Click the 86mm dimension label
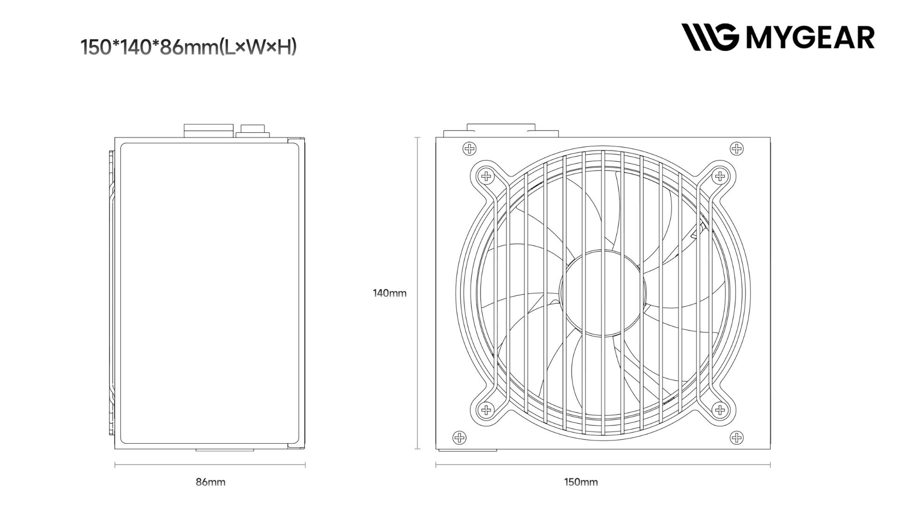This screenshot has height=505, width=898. (210, 482)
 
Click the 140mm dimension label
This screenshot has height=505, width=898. (389, 293)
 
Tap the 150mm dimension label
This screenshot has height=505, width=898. (581, 482)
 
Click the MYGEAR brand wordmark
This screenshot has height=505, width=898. (810, 37)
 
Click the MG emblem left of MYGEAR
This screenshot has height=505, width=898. (710, 37)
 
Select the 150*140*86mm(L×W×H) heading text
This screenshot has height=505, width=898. (188, 47)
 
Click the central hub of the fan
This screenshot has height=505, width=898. (603, 293)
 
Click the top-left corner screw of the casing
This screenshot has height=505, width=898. (469, 149)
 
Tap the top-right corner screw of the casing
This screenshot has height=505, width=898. (737, 149)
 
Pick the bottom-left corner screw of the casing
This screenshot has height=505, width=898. (459, 438)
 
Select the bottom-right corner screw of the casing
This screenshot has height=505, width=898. (737, 438)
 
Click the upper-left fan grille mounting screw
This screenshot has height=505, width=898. (486, 176)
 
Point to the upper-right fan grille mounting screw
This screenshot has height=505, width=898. (719, 176)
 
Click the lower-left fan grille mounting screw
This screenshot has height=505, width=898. (486, 410)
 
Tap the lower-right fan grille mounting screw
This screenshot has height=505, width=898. (719, 410)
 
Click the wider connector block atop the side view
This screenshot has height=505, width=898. (209, 130)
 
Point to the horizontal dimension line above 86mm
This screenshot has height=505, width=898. (210, 465)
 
